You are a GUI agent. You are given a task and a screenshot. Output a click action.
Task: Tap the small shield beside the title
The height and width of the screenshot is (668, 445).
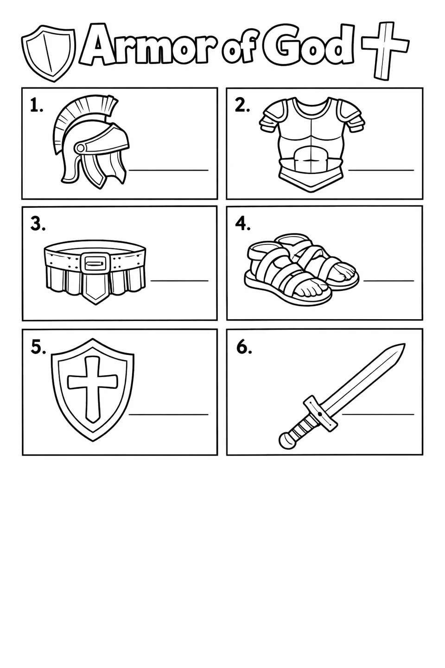pyautogui.click(x=49, y=53)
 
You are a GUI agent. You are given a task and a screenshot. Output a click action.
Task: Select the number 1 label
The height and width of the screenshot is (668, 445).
pyautogui.click(x=36, y=106)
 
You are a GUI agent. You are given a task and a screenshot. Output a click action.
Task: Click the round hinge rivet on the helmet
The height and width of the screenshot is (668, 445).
pyautogui.click(x=81, y=148)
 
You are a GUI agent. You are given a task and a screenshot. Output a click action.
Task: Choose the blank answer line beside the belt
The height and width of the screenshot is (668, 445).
pyautogui.click(x=179, y=281)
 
